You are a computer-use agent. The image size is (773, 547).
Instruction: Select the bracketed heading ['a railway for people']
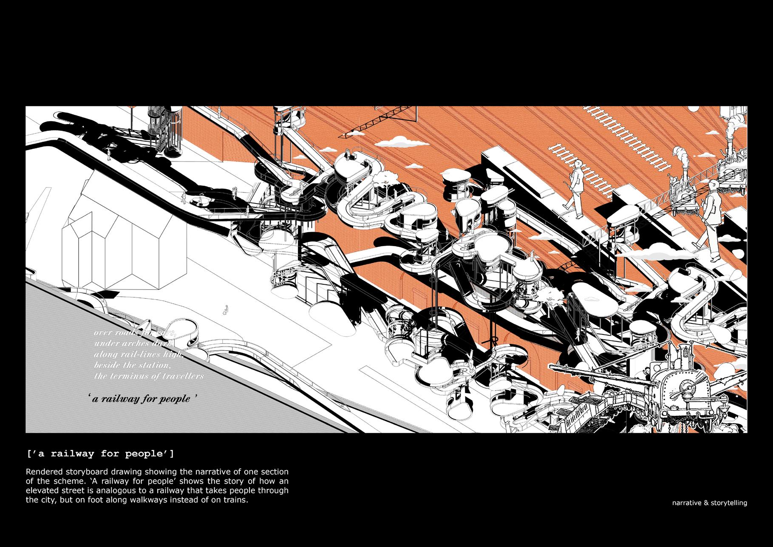coord(100,454)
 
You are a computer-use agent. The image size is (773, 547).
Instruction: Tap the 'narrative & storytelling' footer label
coord(709,503)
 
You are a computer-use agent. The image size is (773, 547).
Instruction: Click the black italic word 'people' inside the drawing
coord(174,399)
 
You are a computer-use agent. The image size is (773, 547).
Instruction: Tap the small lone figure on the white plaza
coord(227,309)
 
